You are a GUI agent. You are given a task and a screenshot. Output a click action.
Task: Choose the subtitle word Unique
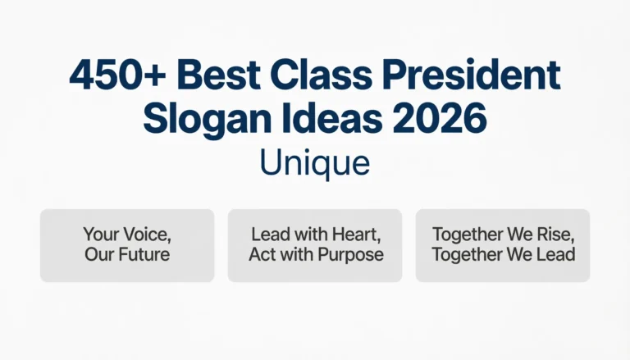point(315,162)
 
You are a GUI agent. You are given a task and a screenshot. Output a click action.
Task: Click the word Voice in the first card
point(144,234)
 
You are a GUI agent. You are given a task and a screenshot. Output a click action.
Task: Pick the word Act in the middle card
point(263,254)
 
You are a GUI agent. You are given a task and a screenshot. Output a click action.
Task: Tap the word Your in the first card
point(101,234)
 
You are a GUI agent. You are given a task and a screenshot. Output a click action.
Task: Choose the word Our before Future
point(98,254)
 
